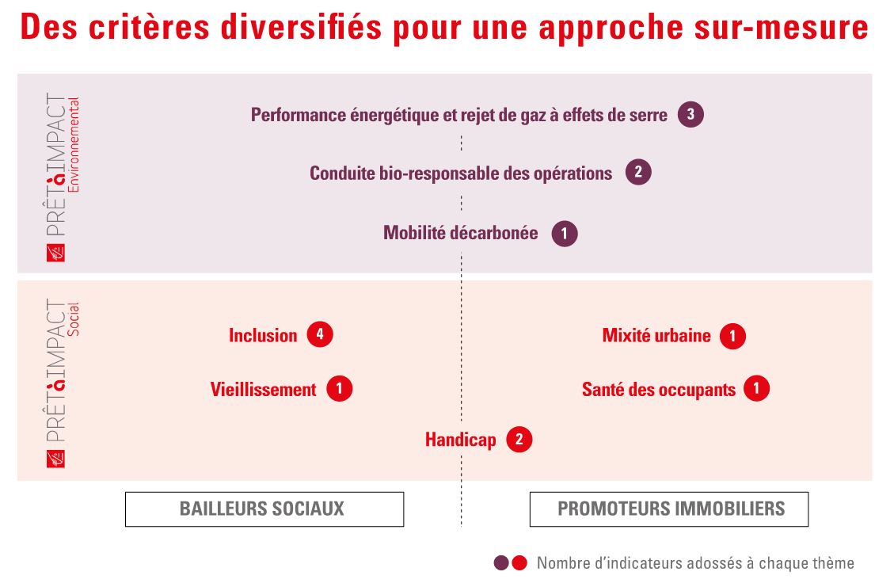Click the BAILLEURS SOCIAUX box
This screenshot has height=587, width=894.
click(264, 509)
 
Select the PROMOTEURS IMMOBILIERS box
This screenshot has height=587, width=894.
click(669, 509)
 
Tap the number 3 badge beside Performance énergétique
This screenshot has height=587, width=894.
click(690, 115)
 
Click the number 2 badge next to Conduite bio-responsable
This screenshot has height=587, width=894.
click(638, 172)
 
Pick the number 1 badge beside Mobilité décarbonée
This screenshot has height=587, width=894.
click(565, 234)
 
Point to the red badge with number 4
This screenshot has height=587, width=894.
click(320, 334)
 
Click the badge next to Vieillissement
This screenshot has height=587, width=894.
click(339, 389)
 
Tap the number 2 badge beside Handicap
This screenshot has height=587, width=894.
click(519, 440)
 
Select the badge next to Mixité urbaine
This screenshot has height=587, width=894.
click(732, 336)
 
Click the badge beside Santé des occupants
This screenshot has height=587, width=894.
click(756, 388)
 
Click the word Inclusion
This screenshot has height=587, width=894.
click(263, 335)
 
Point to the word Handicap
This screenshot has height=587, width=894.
click(460, 440)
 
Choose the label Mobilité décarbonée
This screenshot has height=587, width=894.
click(460, 233)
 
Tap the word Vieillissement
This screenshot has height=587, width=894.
click(263, 390)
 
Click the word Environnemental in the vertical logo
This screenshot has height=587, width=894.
click(74, 145)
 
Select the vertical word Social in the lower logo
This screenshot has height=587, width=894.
click(74, 318)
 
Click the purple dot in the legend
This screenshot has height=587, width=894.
click(501, 563)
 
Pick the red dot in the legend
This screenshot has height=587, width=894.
click(519, 563)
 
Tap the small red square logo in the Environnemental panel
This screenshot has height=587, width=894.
click(55, 253)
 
